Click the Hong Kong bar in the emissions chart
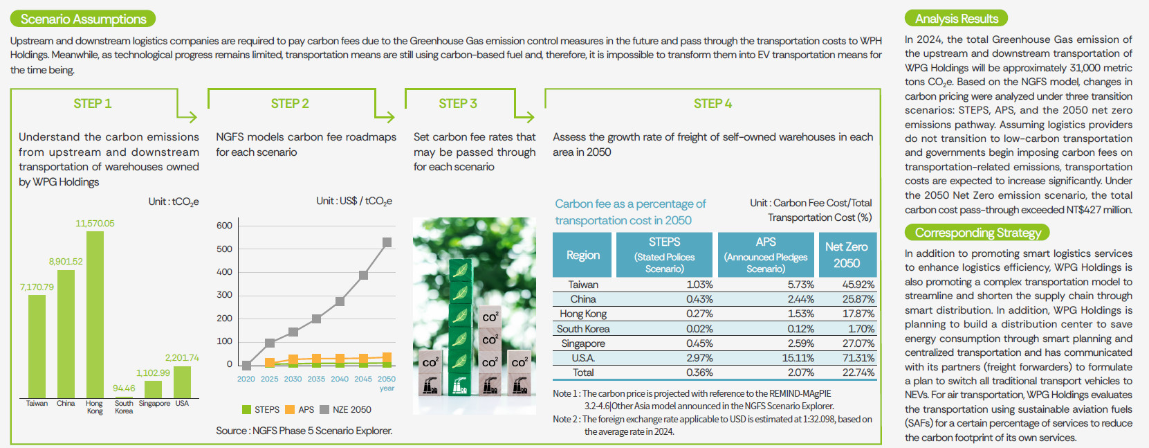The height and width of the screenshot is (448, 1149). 95,314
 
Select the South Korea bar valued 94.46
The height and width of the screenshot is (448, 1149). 124,396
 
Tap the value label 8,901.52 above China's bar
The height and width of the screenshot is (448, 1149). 66,262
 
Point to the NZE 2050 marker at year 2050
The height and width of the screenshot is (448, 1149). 387,242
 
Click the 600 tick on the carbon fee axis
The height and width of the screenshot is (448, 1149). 224,226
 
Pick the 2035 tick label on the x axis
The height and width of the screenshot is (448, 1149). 316,379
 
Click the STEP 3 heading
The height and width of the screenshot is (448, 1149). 458,104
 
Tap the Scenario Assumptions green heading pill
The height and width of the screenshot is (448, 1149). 83,19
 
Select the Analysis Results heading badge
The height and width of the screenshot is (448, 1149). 956,19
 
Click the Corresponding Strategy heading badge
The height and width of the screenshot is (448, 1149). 977,233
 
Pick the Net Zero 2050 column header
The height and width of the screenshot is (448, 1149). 847,255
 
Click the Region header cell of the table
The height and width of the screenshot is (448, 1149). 582,255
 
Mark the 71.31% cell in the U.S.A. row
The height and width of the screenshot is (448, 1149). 858,358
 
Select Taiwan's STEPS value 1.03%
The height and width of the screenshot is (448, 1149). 699,285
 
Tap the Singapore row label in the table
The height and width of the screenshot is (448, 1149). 583,343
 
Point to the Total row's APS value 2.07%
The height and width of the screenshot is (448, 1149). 800,373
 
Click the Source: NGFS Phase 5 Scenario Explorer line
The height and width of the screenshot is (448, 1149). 304,431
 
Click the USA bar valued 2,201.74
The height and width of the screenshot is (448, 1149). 182,382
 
